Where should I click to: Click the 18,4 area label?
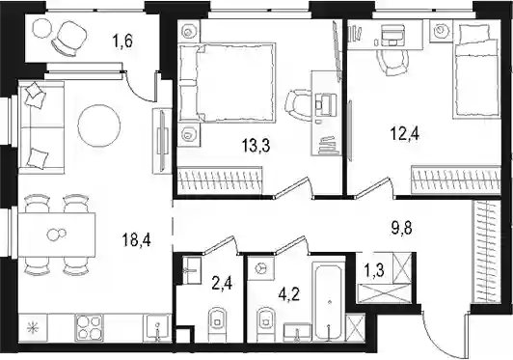click(x=136, y=241)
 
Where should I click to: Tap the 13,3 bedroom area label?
click(x=256, y=146)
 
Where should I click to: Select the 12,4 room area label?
click(x=405, y=133)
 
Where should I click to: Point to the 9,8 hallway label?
click(x=402, y=228)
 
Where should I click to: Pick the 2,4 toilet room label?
click(x=222, y=284)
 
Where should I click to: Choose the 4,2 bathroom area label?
click(x=289, y=294)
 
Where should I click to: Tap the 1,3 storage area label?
click(x=373, y=271)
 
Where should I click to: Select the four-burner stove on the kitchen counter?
click(x=89, y=327)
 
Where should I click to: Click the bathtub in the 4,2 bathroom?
click(x=329, y=301)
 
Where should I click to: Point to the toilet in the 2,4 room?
click(x=217, y=322)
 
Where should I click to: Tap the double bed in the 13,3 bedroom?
click(x=227, y=82)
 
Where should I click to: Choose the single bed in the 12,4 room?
click(x=476, y=71)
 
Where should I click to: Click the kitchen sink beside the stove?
click(x=157, y=327)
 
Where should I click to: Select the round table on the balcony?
click(x=41, y=28)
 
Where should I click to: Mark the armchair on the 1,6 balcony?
click(x=69, y=38)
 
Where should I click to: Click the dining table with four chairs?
click(x=57, y=235)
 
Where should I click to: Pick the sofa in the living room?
click(x=41, y=127)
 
